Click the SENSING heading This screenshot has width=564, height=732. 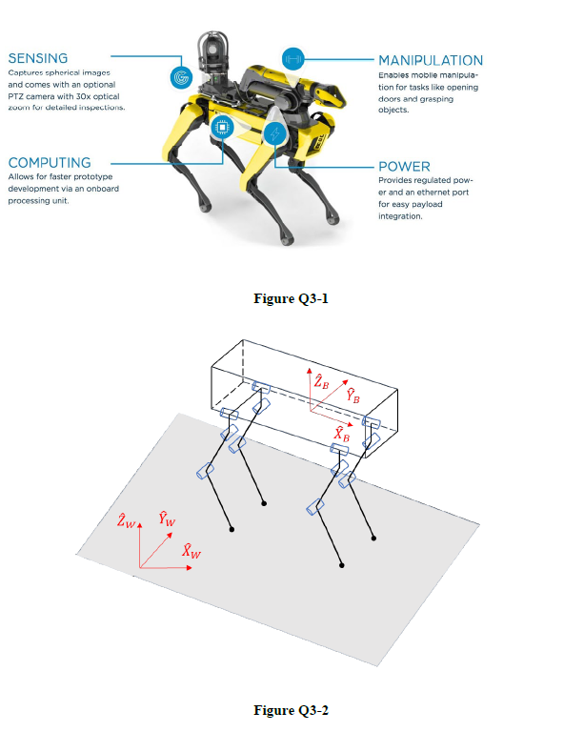38,58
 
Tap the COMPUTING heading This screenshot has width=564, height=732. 50,163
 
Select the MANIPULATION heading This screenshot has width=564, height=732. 431,61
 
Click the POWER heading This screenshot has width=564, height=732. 405,167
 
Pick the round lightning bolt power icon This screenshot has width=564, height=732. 275,135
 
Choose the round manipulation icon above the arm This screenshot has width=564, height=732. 292,57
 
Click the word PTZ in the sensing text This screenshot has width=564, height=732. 18,96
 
